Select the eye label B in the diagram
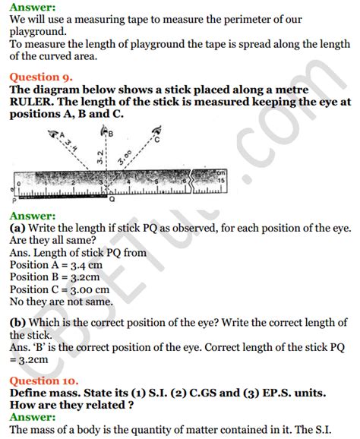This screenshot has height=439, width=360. (112, 134)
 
